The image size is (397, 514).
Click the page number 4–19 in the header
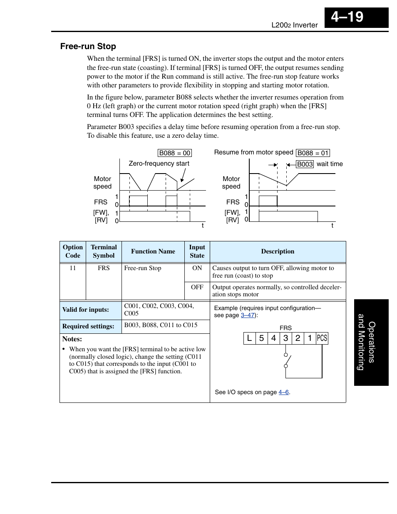[x=347, y=17]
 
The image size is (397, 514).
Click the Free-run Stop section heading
[x=88, y=46]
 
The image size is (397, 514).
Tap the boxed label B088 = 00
[x=175, y=153]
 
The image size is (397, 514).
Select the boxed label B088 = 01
[x=313, y=153]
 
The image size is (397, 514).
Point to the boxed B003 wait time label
[x=305, y=164]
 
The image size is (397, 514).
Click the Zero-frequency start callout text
[x=159, y=164]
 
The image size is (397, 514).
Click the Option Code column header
[x=73, y=251]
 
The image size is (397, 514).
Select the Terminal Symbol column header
[x=104, y=251]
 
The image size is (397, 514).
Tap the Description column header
[x=278, y=251]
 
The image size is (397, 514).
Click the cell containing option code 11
[x=73, y=268]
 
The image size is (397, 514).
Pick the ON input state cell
[x=197, y=268]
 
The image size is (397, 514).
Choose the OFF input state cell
[x=197, y=287]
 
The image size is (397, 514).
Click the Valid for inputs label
[x=86, y=310]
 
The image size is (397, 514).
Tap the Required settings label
[x=88, y=326]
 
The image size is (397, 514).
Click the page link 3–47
[x=248, y=315]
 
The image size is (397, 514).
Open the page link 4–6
[x=283, y=392]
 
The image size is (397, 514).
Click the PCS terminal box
[x=322, y=338]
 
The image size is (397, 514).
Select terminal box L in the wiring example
[x=249, y=338]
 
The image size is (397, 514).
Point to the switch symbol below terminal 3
[x=287, y=360]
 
